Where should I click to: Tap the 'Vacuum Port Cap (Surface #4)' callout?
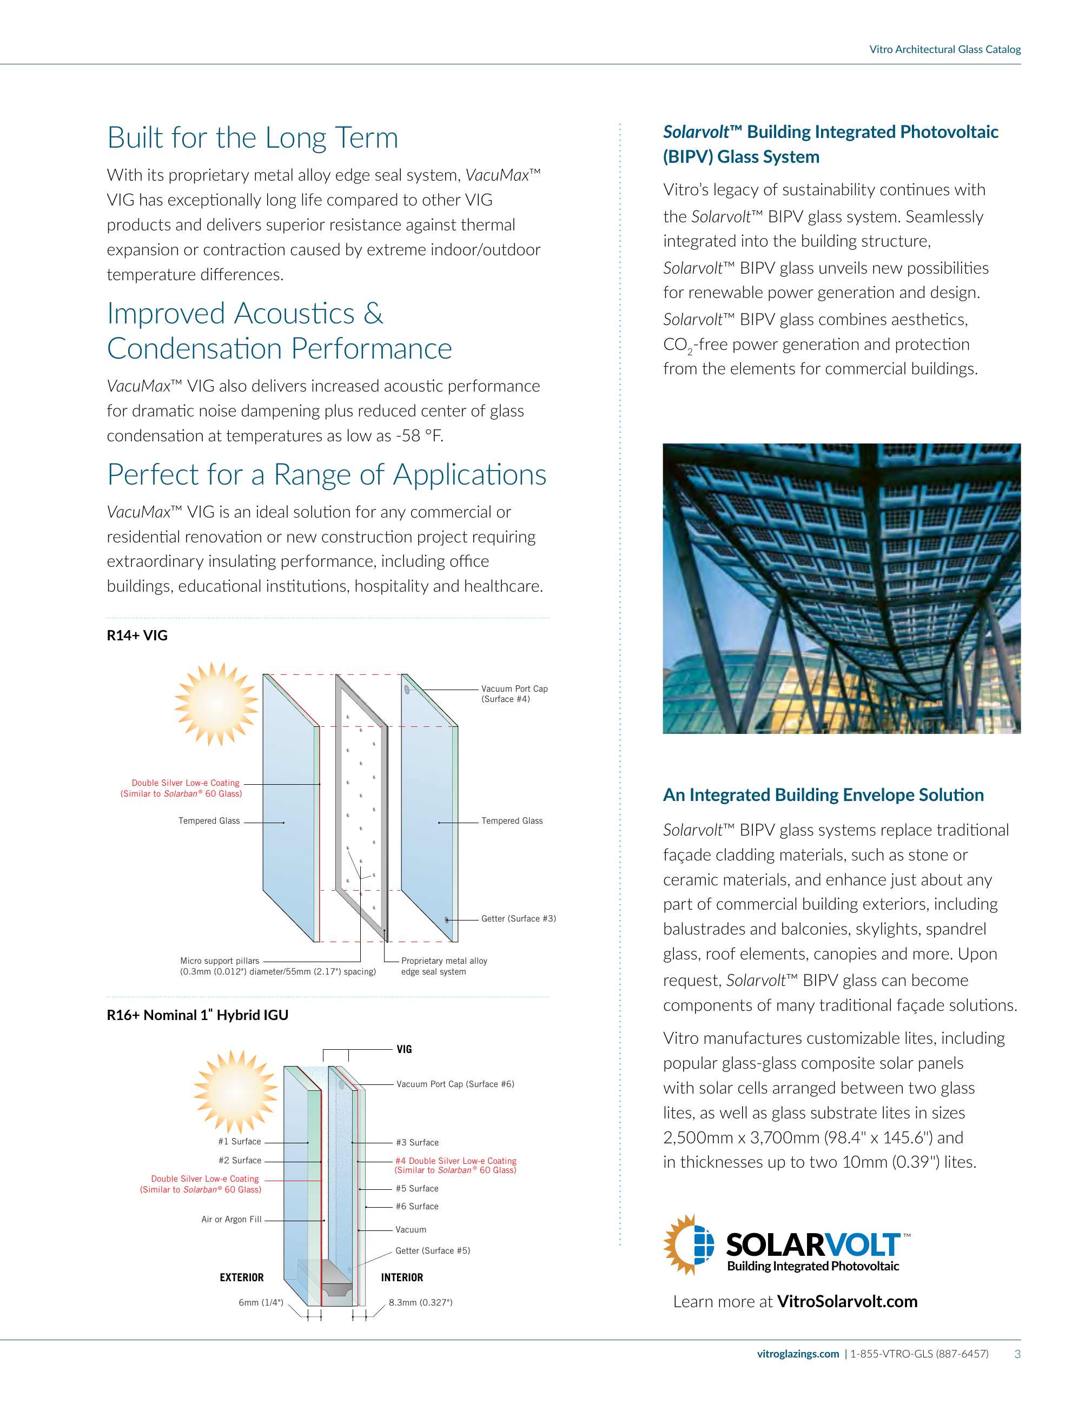pyautogui.click(x=514, y=694)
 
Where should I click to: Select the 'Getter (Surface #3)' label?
pyautogui.click(x=518, y=919)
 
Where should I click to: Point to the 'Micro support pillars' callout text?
pyautogui.click(x=219, y=961)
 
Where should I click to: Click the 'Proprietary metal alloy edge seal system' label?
pyautogui.click(x=444, y=966)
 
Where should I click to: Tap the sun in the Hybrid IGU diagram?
pyautogui.click(x=235, y=1091)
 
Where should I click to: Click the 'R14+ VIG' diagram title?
pyautogui.click(x=137, y=635)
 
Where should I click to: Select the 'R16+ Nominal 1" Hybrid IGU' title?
pyautogui.click(x=197, y=1015)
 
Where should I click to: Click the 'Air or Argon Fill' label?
pyautogui.click(x=231, y=1220)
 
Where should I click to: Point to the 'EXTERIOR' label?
pyautogui.click(x=242, y=1277)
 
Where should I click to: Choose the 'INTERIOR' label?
pyautogui.click(x=402, y=1277)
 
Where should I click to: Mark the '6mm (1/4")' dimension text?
pyautogui.click(x=260, y=1302)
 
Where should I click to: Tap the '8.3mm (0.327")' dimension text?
pyautogui.click(x=420, y=1302)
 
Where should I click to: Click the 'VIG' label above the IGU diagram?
pyautogui.click(x=403, y=1049)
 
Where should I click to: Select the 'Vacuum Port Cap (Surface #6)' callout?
pyautogui.click(x=455, y=1084)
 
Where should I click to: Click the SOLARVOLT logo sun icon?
pyautogui.click(x=689, y=1244)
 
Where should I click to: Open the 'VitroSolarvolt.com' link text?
pyautogui.click(x=847, y=1302)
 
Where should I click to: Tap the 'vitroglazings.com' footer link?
pyautogui.click(x=798, y=1354)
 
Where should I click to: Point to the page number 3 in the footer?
pyautogui.click(x=1017, y=1354)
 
